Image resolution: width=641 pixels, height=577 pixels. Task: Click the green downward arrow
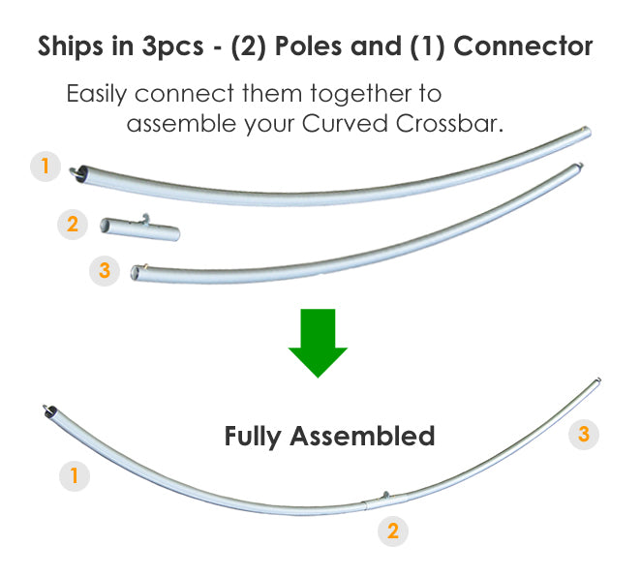[318, 341]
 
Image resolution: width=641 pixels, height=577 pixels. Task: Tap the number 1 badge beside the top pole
[45, 167]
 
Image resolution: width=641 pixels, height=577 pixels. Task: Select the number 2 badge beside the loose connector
[73, 226]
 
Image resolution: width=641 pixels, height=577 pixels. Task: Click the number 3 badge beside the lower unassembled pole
[105, 270]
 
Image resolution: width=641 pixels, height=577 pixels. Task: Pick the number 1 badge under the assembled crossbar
[74, 475]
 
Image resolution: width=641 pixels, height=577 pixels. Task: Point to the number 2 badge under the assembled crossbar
[392, 531]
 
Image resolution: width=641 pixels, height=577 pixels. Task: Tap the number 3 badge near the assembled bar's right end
[583, 434]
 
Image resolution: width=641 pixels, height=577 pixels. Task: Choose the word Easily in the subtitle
[97, 95]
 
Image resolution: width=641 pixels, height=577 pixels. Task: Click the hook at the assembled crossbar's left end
[48, 410]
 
